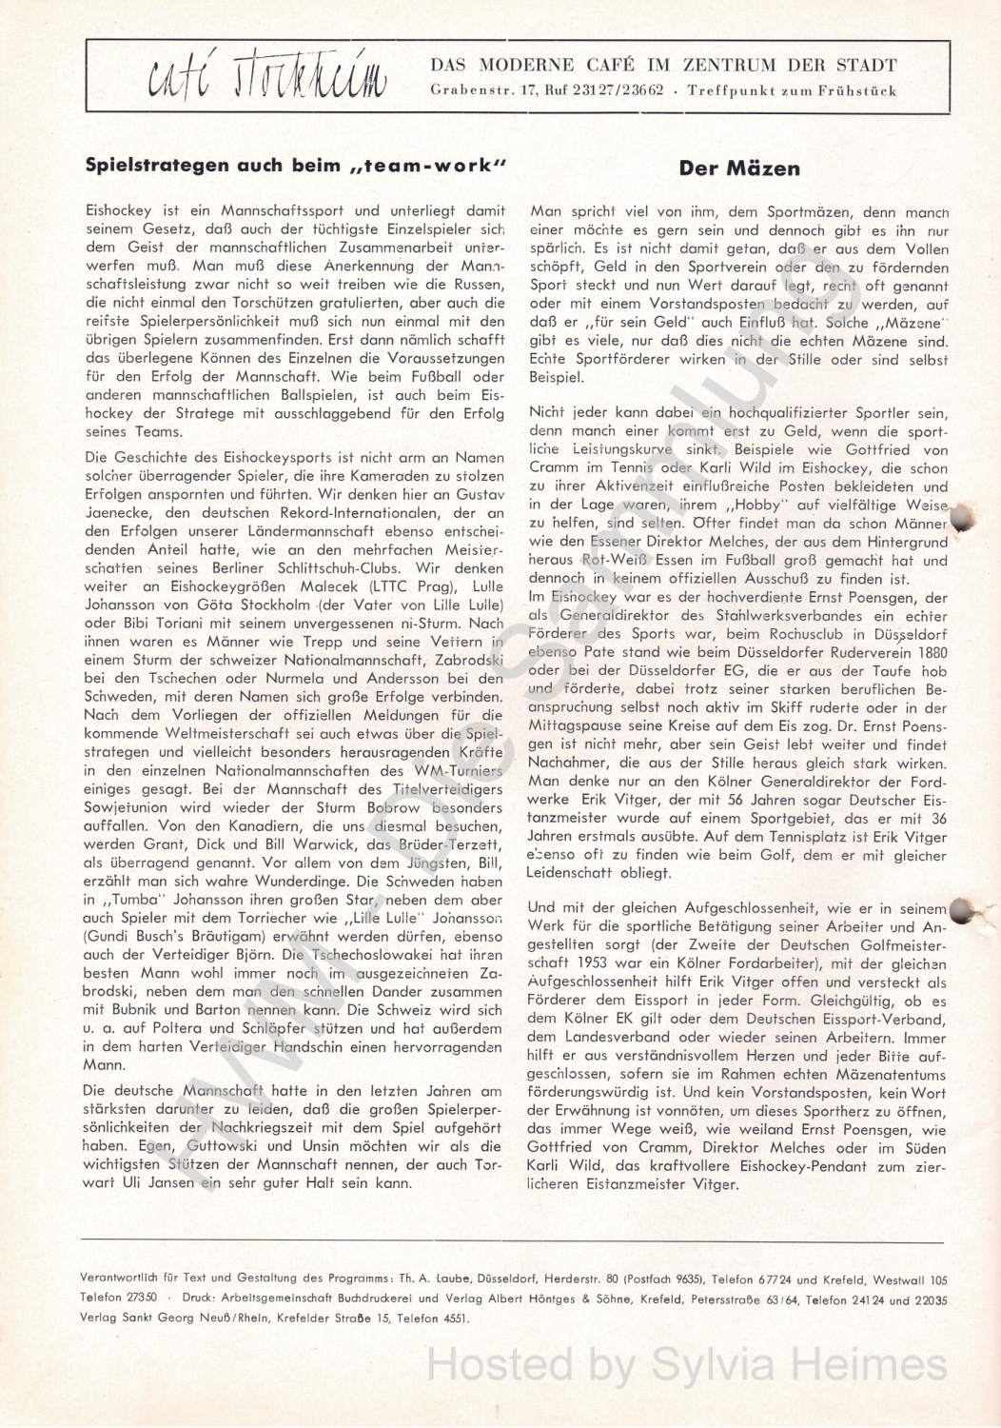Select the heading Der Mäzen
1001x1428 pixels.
739,169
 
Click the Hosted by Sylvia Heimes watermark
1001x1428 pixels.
687,1364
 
